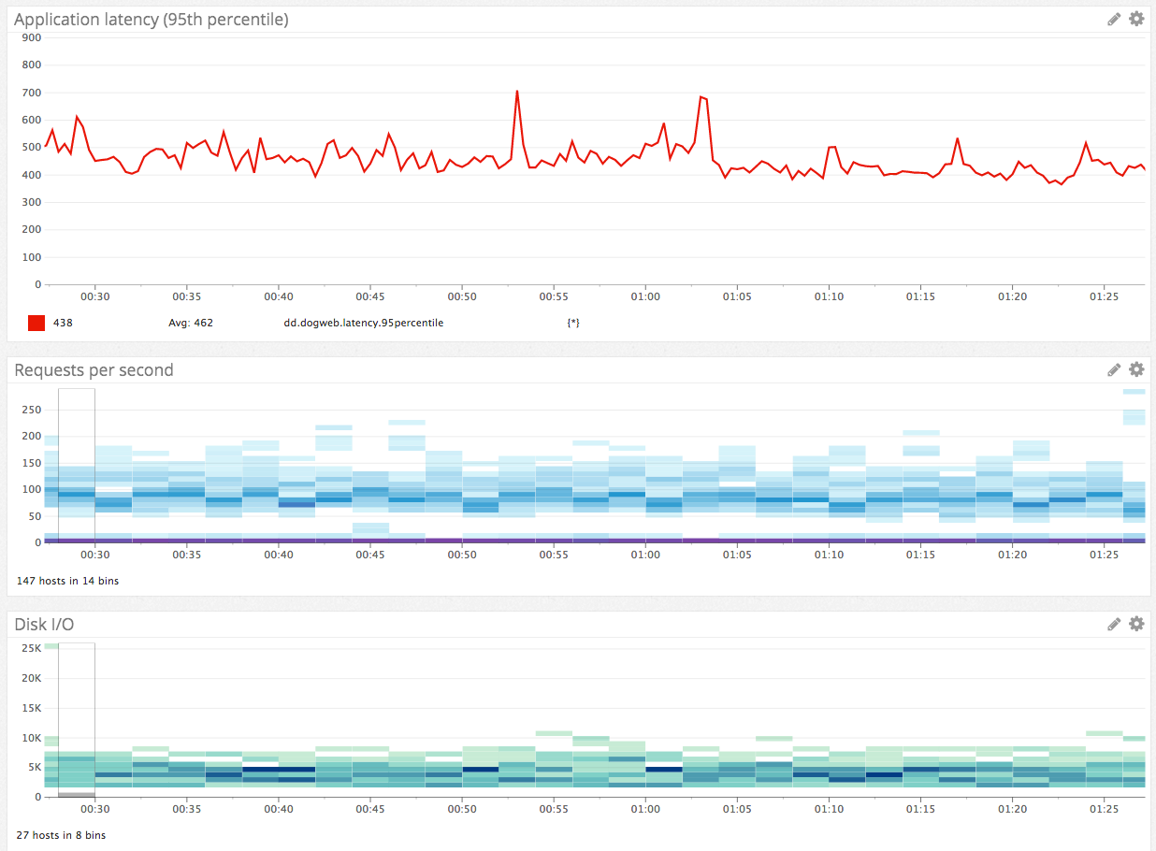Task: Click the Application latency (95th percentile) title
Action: pyautogui.click(x=151, y=19)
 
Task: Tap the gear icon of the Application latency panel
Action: pyautogui.click(x=1136, y=19)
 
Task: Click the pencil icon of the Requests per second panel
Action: pyautogui.click(x=1114, y=369)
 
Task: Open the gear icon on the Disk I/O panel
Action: pyautogui.click(x=1136, y=624)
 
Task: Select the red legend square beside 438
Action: pyautogui.click(x=36, y=323)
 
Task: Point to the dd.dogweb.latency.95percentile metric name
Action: pyautogui.click(x=363, y=323)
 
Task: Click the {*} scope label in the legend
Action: pyautogui.click(x=573, y=323)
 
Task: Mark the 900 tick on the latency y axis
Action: pyautogui.click(x=31, y=37)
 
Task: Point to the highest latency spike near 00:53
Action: pyautogui.click(x=516, y=92)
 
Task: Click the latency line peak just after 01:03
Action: pyautogui.click(x=701, y=96)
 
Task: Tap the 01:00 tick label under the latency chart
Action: pyautogui.click(x=644, y=296)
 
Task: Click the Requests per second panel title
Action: pyautogui.click(x=94, y=370)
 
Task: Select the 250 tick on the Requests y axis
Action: pyautogui.click(x=31, y=410)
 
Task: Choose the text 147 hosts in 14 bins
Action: pyautogui.click(x=67, y=581)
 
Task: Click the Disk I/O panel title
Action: pyautogui.click(x=44, y=625)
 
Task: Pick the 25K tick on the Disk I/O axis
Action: pyautogui.click(x=31, y=648)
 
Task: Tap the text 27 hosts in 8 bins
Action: pyautogui.click(x=61, y=835)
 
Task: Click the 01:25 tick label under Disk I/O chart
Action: pyautogui.click(x=1104, y=809)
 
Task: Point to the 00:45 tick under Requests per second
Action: pyautogui.click(x=369, y=555)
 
